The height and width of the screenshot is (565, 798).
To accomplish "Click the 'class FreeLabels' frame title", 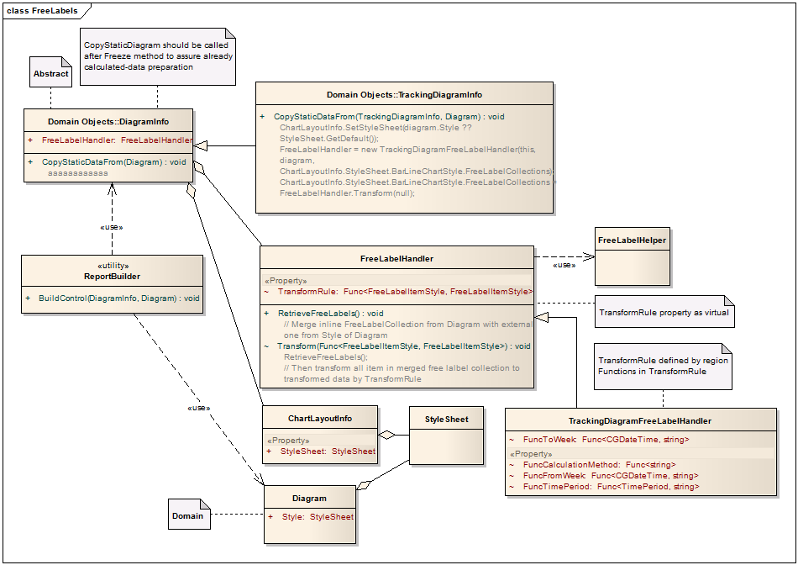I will (x=42, y=11).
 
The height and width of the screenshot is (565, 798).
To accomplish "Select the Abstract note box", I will (x=50, y=73).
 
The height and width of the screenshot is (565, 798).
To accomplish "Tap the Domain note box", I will (x=188, y=515).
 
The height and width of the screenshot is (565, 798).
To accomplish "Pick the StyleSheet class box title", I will (x=446, y=419).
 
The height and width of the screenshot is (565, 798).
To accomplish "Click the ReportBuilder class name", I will (x=112, y=276).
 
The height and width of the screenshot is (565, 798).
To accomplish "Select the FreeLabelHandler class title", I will (x=396, y=258).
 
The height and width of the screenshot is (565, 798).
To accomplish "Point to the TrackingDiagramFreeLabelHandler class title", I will (x=640, y=420).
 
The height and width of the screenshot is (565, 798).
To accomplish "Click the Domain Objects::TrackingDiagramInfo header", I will (x=404, y=94).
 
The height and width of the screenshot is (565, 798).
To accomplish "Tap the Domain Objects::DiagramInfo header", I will (x=108, y=121).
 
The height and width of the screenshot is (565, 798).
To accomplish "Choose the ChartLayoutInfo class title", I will (x=320, y=418).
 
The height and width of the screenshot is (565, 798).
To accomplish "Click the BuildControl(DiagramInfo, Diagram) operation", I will (x=118, y=298).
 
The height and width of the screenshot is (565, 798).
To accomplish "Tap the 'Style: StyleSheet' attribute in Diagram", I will (x=318, y=517).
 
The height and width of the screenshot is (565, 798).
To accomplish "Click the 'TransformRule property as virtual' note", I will (x=664, y=312).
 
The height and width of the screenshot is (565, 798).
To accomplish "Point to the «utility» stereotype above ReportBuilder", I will (x=112, y=265).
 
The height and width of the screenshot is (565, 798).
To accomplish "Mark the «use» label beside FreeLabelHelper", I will (x=564, y=265).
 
